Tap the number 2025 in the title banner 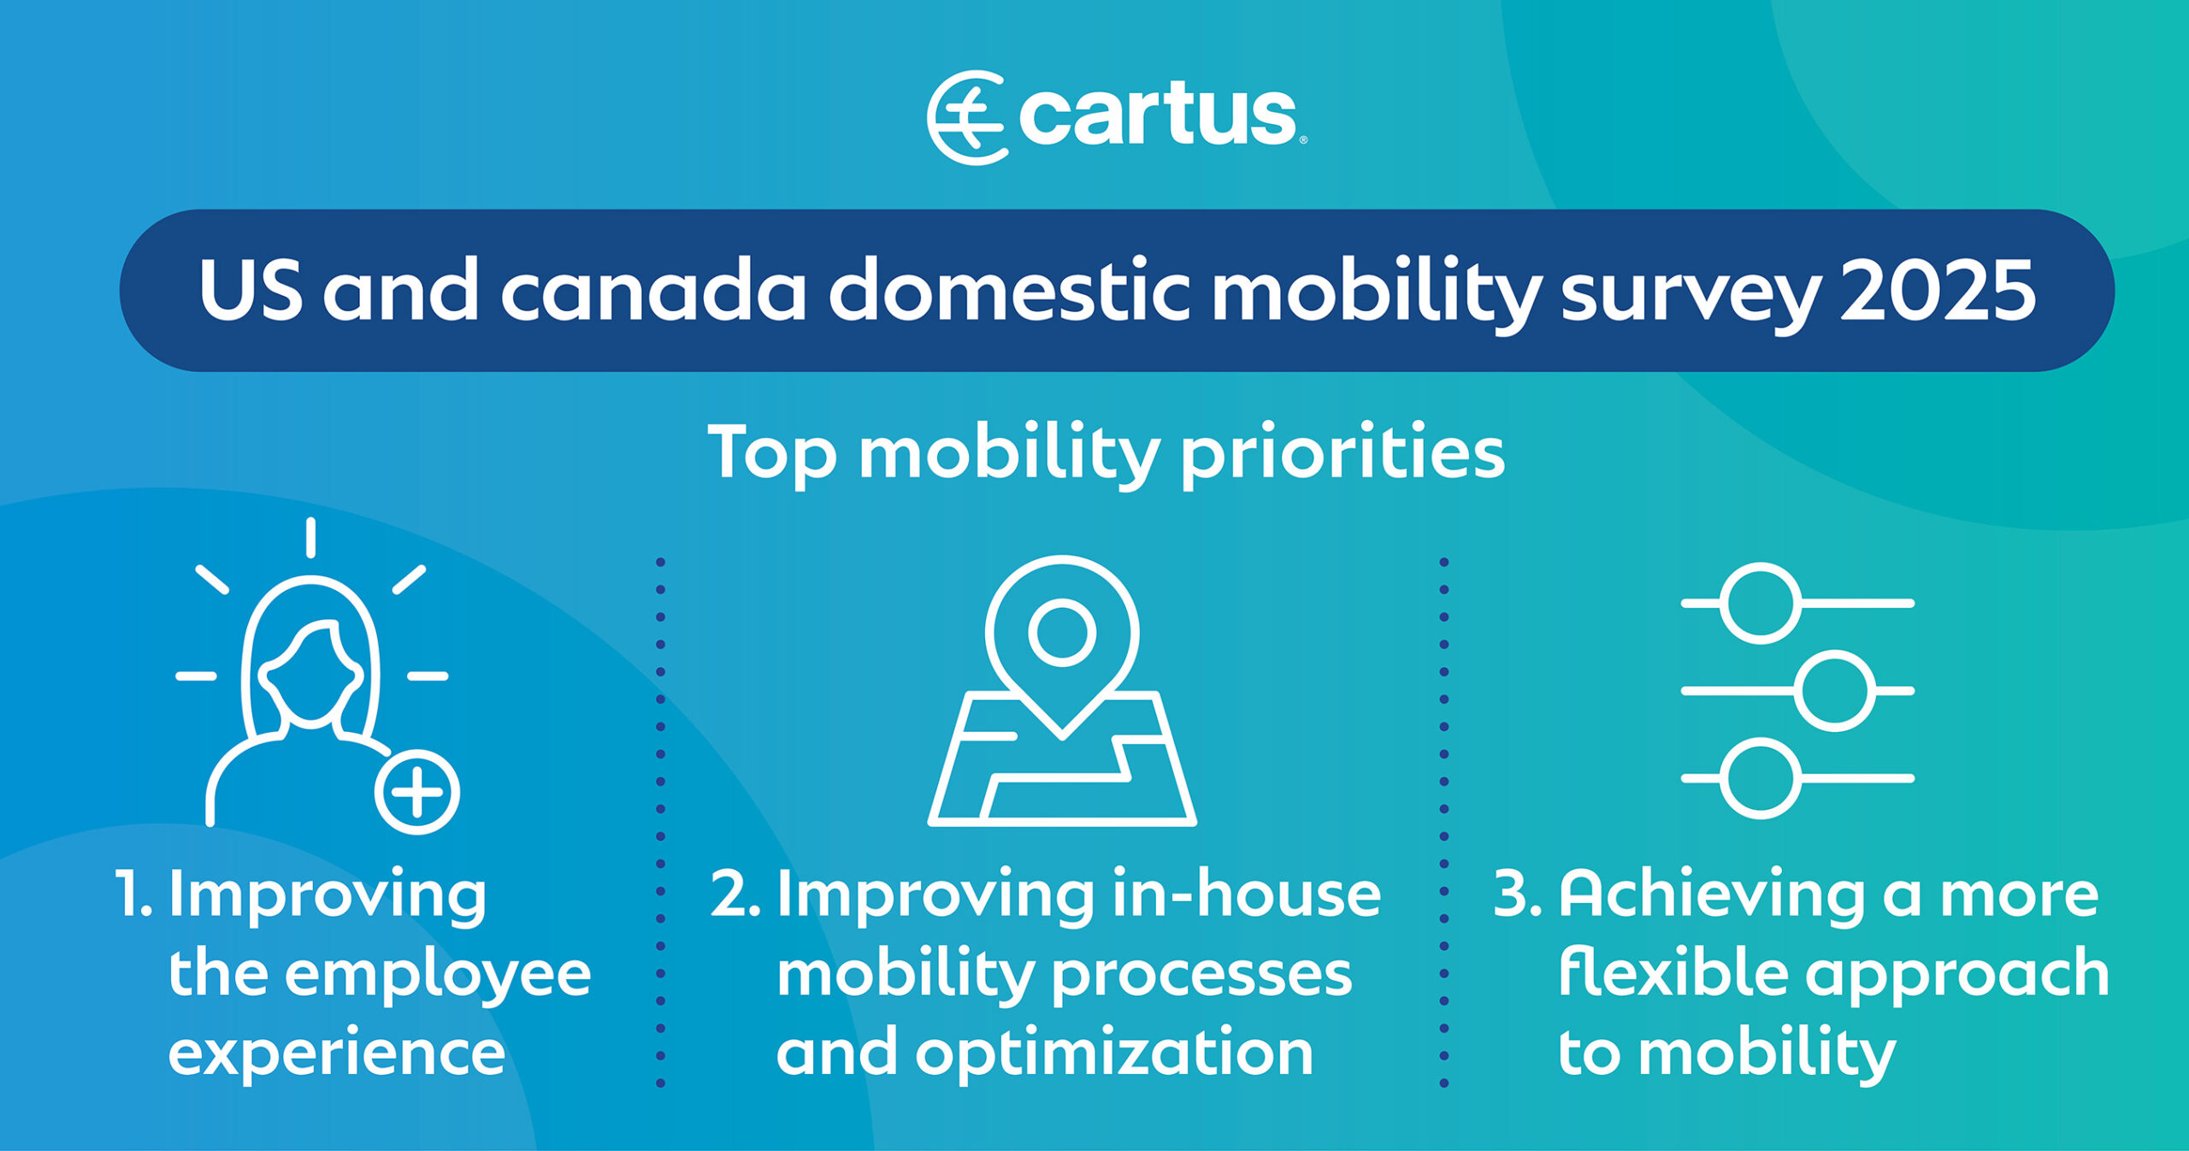[1938, 291]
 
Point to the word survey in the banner [1690, 296]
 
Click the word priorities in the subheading [1342, 453]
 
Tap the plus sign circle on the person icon [417, 792]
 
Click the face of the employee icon [311, 676]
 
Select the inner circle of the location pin [1062, 634]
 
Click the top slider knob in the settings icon [1761, 603]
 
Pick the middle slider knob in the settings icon [1835, 690]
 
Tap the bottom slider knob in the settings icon [1761, 778]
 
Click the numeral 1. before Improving [133, 894]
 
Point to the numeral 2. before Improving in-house [735, 894]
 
